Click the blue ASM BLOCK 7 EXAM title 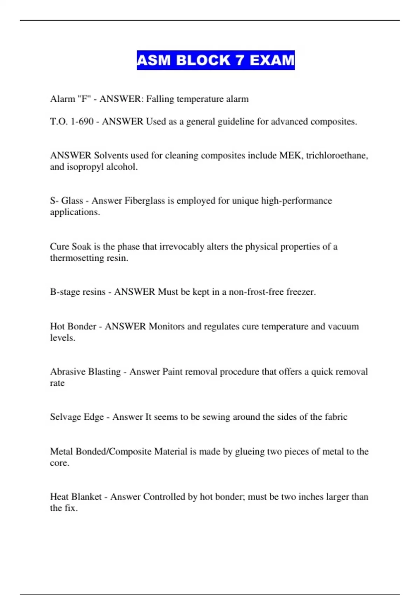(x=216, y=60)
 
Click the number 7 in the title (x=240, y=60)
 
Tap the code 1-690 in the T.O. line (x=82, y=121)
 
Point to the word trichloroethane (x=337, y=155)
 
